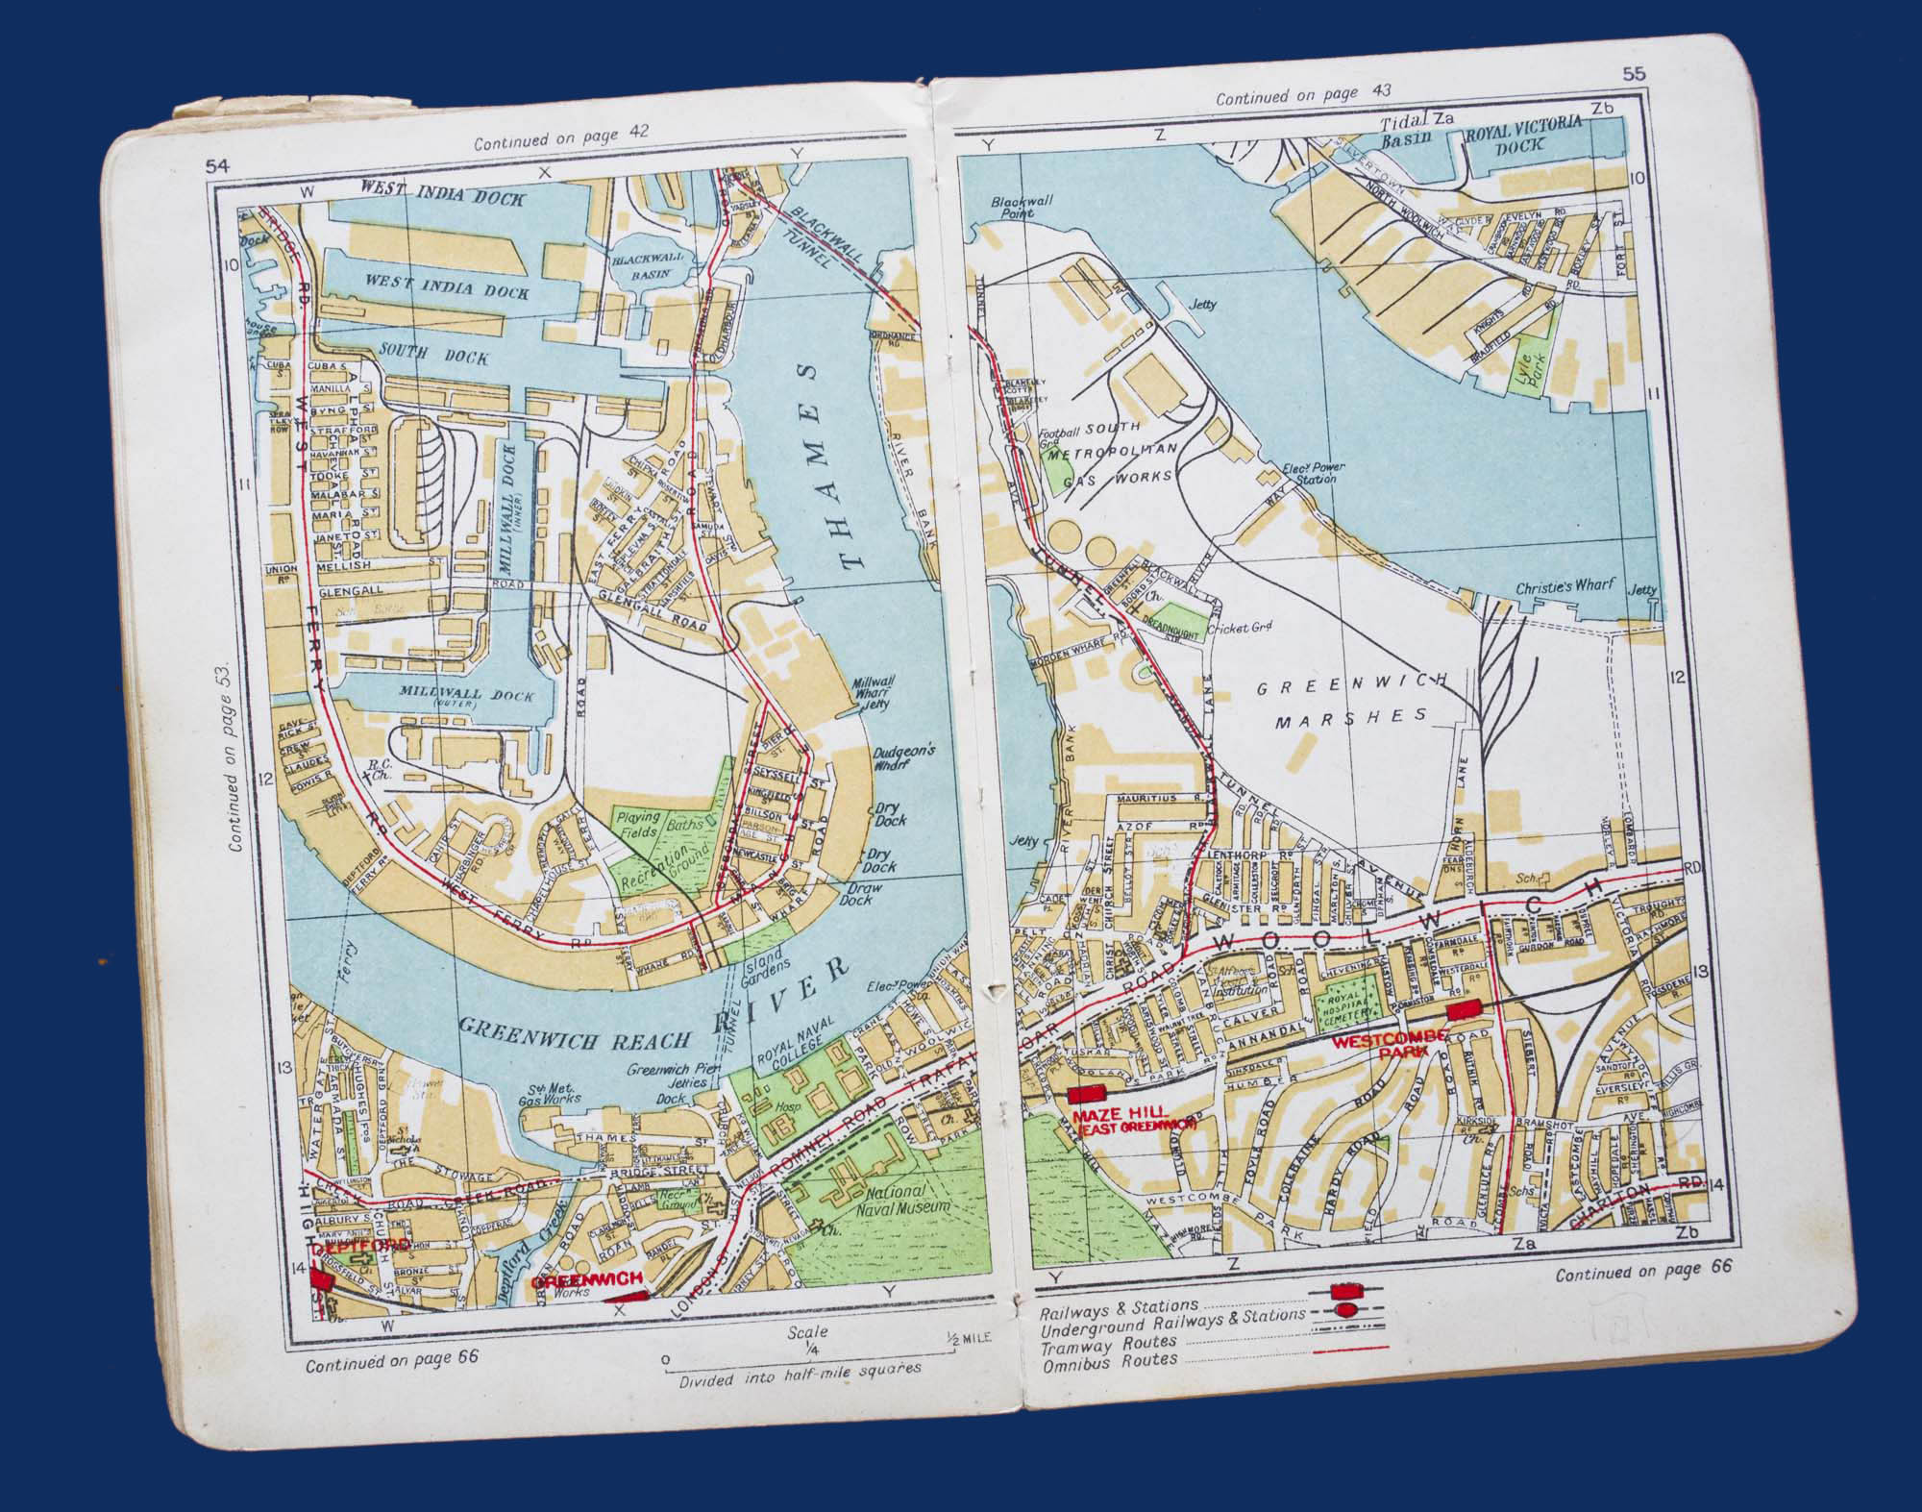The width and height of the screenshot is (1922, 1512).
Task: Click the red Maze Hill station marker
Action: coord(1088,1095)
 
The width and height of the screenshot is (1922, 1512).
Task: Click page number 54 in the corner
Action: coord(217,168)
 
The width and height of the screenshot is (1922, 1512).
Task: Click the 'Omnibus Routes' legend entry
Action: coord(1110,1359)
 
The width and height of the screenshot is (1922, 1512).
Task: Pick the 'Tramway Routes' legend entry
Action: coord(1110,1342)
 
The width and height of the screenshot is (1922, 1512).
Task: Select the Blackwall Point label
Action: coord(1017,208)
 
